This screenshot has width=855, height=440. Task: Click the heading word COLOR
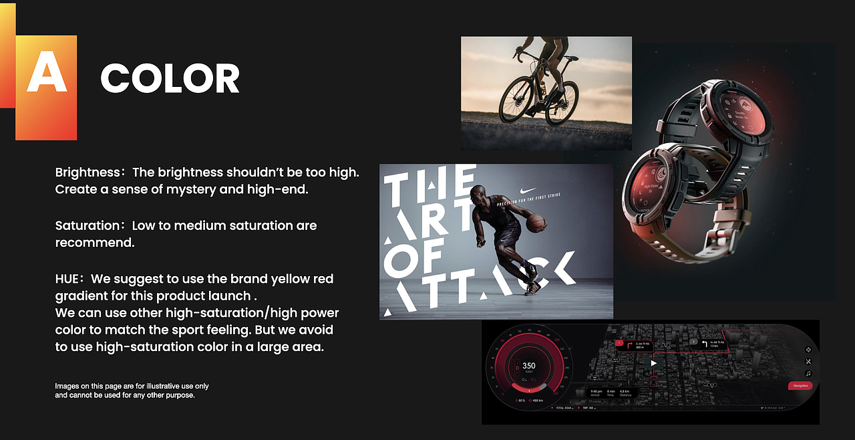point(170,79)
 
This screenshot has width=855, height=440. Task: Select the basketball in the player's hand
point(536,223)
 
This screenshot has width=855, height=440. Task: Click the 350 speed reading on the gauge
point(528,366)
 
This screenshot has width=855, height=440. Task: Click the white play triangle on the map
point(654,363)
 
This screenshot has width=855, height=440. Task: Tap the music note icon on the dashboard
point(808,374)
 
